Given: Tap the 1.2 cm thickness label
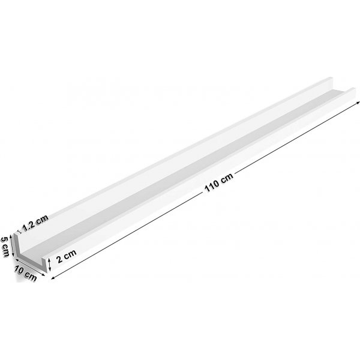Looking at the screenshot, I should pyautogui.click(x=35, y=224).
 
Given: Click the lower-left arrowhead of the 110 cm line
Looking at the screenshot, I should pyautogui.click(x=55, y=278).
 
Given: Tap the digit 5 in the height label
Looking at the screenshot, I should pyautogui.click(x=4, y=238).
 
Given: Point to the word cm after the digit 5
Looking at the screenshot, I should pyautogui.click(x=5, y=249).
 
